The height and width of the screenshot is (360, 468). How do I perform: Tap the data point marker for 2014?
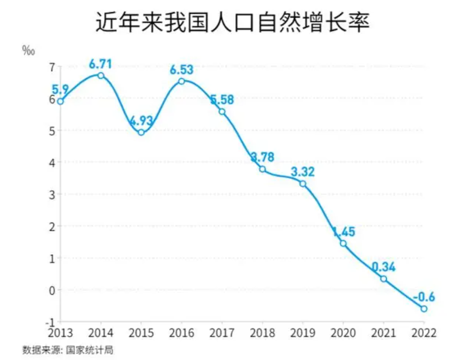click(101, 75)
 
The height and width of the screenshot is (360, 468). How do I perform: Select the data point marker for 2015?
click(141, 132)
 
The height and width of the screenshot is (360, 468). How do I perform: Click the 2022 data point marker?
click(424, 309)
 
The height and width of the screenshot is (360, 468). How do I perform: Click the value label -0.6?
click(424, 297)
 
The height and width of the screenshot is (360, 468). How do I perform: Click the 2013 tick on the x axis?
click(61, 333)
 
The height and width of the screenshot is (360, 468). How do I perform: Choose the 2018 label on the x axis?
click(263, 333)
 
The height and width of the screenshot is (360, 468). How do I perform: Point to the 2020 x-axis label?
click(343, 333)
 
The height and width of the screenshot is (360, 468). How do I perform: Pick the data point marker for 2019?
click(303, 184)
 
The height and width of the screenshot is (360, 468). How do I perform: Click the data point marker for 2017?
click(222, 111)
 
